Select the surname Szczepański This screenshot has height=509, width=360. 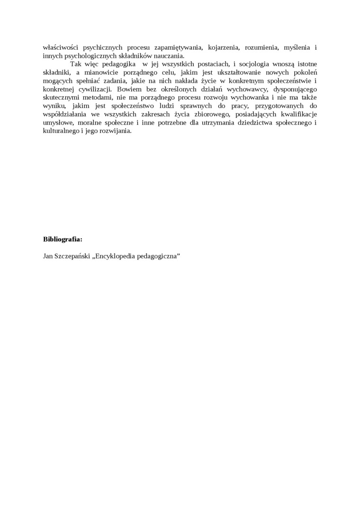[x=72, y=256]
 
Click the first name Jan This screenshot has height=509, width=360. [x=48, y=256]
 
